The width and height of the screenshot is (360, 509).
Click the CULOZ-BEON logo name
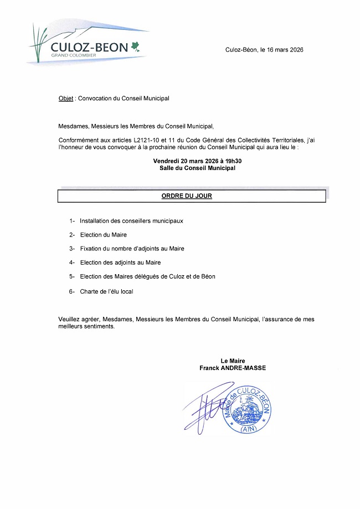pyautogui.click(x=89, y=48)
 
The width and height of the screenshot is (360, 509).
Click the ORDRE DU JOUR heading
pyautogui.click(x=187, y=196)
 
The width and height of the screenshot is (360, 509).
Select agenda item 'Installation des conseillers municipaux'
pyautogui.click(x=131, y=220)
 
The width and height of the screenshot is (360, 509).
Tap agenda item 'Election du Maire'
pyautogui.click(x=103, y=235)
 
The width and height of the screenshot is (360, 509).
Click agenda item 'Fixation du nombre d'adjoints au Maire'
pyautogui.click(x=132, y=249)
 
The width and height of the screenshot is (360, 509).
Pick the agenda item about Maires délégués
pyautogui.click(x=147, y=276)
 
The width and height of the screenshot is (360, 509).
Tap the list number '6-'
pyautogui.click(x=72, y=291)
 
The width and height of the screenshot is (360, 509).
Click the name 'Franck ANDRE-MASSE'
pyautogui.click(x=233, y=368)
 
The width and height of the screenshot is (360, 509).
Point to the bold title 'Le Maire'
pyautogui.click(x=233, y=361)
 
